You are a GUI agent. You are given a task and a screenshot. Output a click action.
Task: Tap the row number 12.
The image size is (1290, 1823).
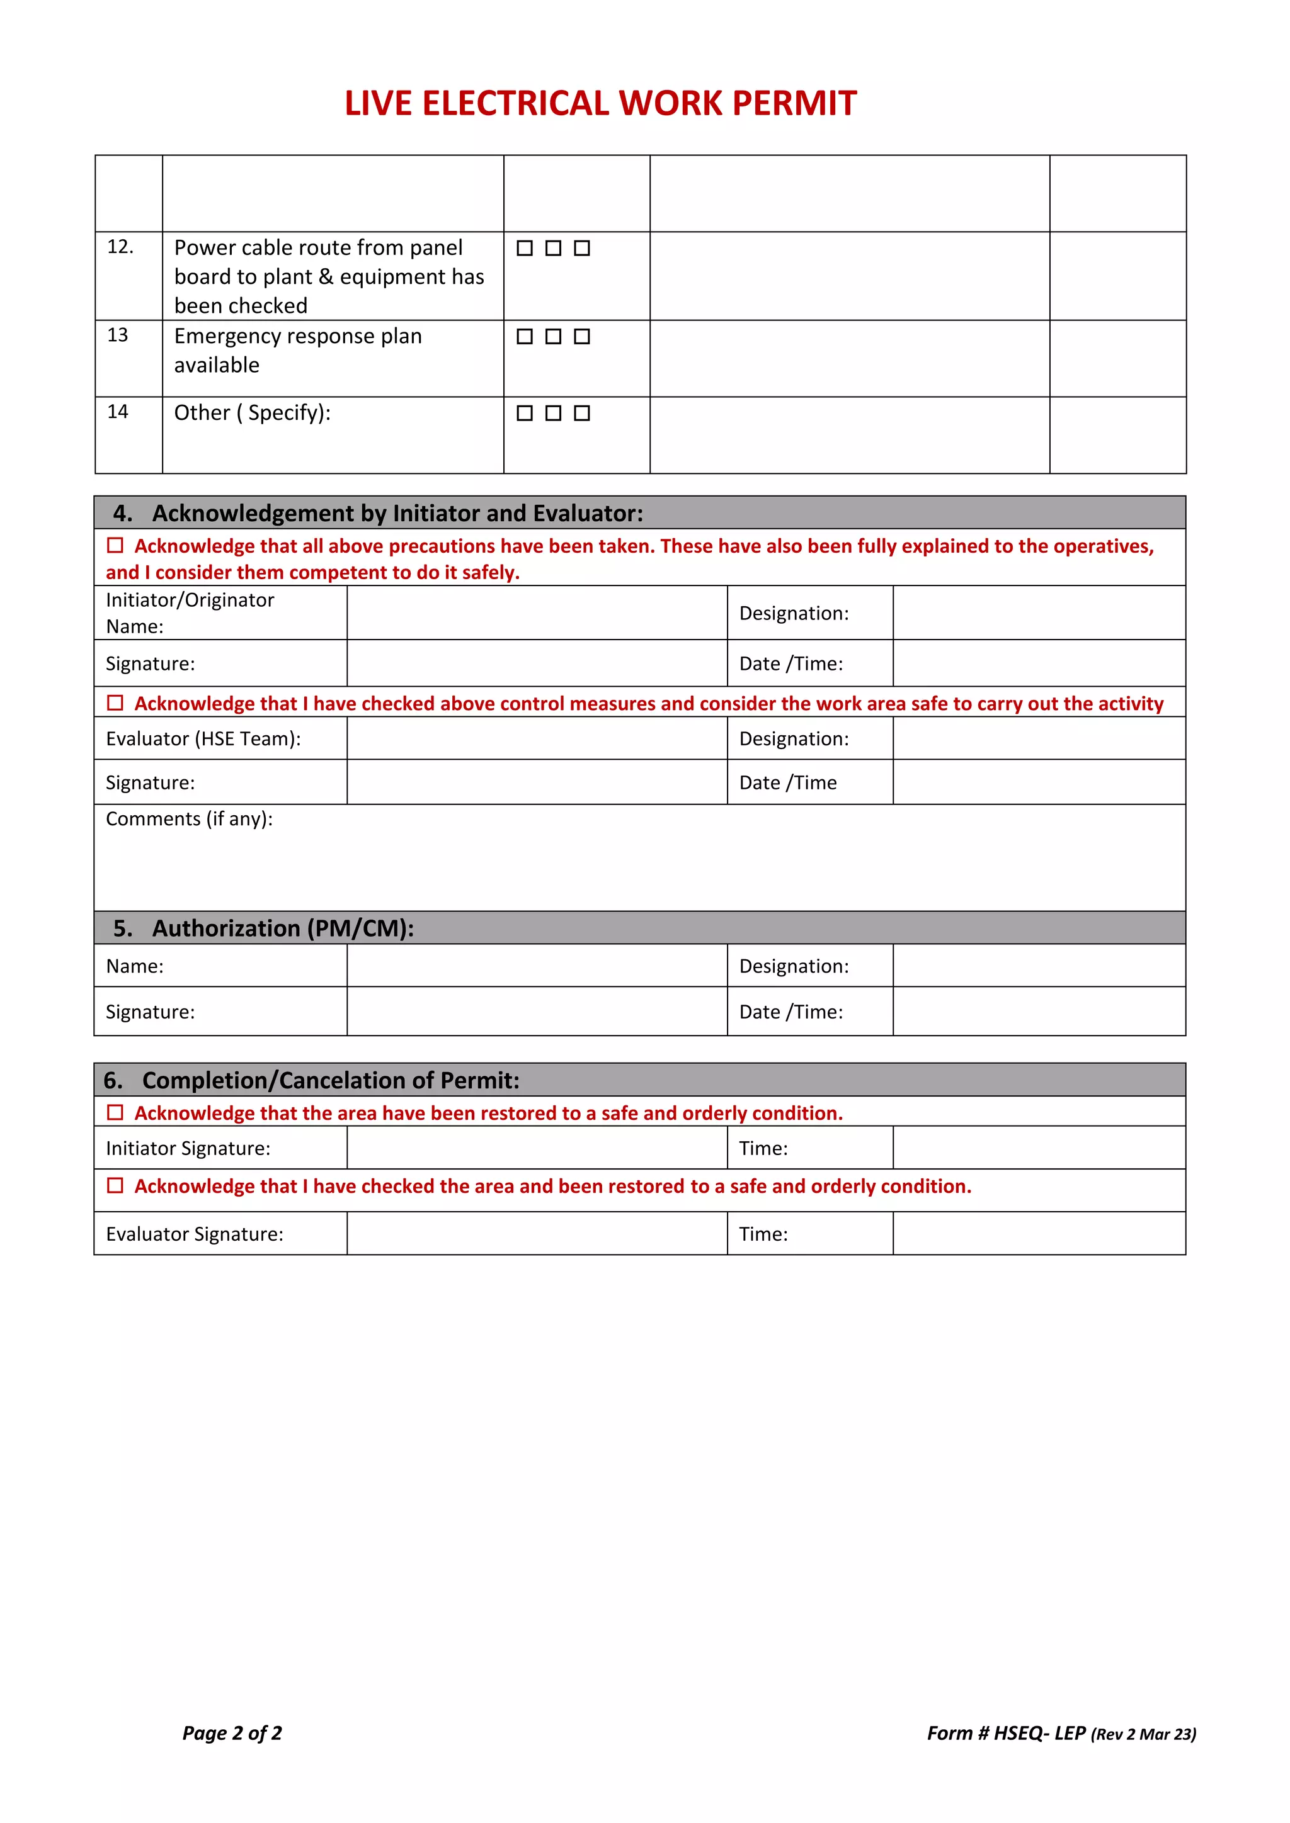pos(120,247)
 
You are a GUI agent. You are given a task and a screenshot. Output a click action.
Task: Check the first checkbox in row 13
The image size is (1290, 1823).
pos(524,337)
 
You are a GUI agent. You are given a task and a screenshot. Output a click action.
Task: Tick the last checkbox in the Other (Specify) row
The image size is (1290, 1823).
pos(581,413)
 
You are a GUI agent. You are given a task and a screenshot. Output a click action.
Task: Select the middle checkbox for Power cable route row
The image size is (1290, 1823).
pos(553,249)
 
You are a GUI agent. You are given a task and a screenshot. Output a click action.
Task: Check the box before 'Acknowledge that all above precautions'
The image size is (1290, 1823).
pos(115,546)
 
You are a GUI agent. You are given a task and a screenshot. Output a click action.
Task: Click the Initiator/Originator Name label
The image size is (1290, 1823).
pos(190,613)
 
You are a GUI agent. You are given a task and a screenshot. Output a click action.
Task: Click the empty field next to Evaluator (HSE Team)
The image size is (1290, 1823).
pos(537,738)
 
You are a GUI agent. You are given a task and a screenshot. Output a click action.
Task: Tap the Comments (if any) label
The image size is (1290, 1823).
pos(189,818)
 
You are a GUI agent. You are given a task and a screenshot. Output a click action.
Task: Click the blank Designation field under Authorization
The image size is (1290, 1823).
pos(1038,966)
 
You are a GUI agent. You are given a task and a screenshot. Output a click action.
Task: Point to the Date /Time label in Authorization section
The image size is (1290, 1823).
pos(791,1012)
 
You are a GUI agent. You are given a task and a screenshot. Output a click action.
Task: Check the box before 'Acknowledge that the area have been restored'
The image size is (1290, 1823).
pos(115,1112)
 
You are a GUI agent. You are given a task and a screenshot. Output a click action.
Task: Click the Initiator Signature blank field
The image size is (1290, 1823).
pos(537,1148)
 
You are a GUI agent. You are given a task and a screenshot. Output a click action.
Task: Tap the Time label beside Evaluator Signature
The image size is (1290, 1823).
pos(763,1234)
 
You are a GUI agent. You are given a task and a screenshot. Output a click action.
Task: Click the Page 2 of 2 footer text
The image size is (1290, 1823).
pos(232,1733)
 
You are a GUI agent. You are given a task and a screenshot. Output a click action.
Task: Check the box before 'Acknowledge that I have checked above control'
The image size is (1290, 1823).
pos(115,703)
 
